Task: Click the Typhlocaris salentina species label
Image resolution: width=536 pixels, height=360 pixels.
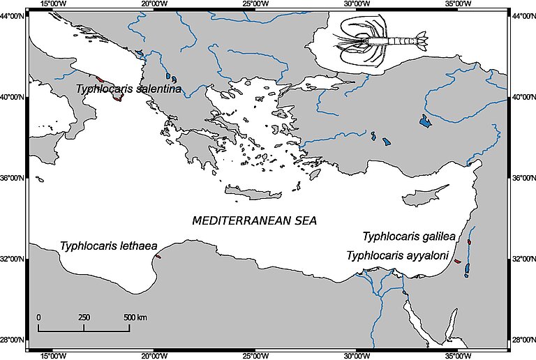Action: pyautogui.click(x=129, y=89)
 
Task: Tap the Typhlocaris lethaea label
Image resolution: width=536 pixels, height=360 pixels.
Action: pyautogui.click(x=108, y=246)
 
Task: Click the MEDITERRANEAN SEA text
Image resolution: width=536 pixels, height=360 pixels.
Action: pyautogui.click(x=254, y=220)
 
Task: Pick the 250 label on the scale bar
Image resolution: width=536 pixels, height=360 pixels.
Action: pyautogui.click(x=84, y=317)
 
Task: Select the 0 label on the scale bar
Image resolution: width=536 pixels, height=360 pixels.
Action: pyautogui.click(x=38, y=317)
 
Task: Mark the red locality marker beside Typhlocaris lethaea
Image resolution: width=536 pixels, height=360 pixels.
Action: pyautogui.click(x=158, y=256)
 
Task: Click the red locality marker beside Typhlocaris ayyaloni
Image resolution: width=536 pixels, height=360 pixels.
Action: pyautogui.click(x=458, y=261)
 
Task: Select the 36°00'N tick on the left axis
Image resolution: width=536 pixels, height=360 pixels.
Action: pyautogui.click(x=14, y=178)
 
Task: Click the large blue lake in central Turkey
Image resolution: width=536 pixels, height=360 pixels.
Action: pyautogui.click(x=424, y=121)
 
